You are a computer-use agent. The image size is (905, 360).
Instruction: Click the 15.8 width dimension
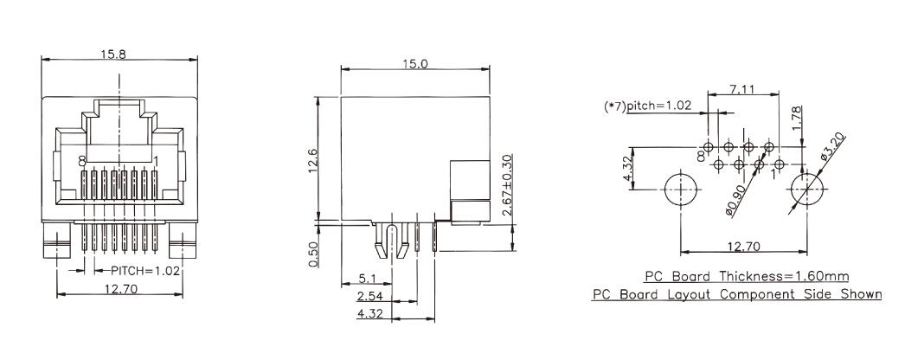pyautogui.click(x=113, y=55)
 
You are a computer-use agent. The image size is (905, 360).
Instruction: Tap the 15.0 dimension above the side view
pyautogui.click(x=415, y=63)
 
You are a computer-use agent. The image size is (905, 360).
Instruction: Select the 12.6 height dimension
pyautogui.click(x=312, y=160)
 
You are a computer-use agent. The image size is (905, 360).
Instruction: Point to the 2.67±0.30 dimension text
pyautogui.click(x=507, y=184)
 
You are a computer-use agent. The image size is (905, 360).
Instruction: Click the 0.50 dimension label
pyautogui.click(x=312, y=254)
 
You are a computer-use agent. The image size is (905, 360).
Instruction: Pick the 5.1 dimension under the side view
pyautogui.click(x=367, y=279)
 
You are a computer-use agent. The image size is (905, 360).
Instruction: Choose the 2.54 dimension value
pyautogui.click(x=370, y=297)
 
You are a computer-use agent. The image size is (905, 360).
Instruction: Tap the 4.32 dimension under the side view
pyautogui.click(x=370, y=314)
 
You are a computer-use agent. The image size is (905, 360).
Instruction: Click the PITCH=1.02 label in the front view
pyautogui.click(x=145, y=270)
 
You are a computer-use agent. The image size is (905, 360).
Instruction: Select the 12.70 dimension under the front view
pyautogui.click(x=119, y=289)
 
